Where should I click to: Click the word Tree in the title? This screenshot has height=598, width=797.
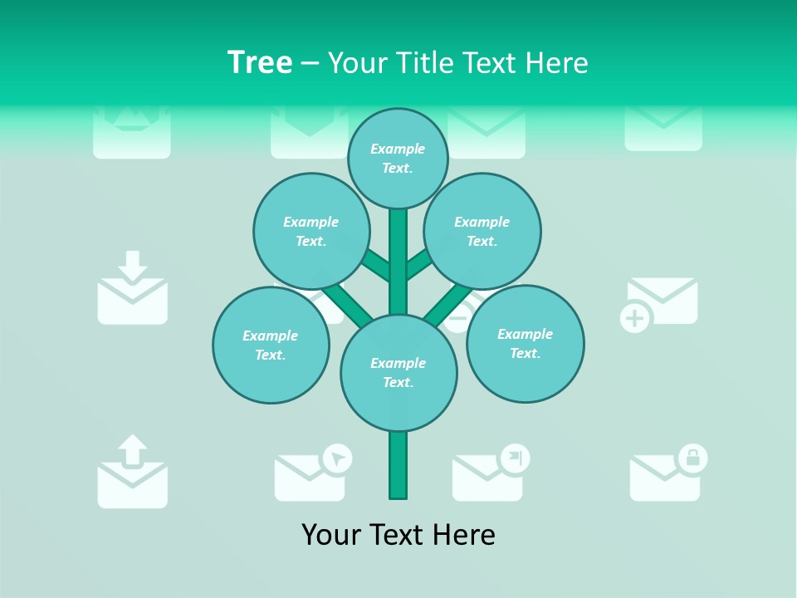click(260, 62)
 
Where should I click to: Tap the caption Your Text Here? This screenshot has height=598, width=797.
click(398, 535)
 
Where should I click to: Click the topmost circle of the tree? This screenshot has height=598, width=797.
click(398, 158)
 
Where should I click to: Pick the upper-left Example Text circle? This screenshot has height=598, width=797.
click(311, 231)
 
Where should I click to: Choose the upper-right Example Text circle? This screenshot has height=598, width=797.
click(482, 231)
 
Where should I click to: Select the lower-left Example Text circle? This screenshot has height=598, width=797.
click(271, 345)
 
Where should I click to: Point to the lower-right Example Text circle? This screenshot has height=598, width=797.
click(526, 343)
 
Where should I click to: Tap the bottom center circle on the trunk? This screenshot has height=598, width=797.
click(398, 373)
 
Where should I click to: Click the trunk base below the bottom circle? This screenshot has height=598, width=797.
click(398, 465)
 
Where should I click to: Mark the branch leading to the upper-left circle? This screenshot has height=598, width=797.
click(376, 265)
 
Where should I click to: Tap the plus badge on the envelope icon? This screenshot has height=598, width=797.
click(635, 319)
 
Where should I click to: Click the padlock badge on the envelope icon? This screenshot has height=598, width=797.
click(692, 458)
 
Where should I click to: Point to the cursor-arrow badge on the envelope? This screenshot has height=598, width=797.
click(337, 458)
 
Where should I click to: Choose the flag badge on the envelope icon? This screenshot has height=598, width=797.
click(515, 457)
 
